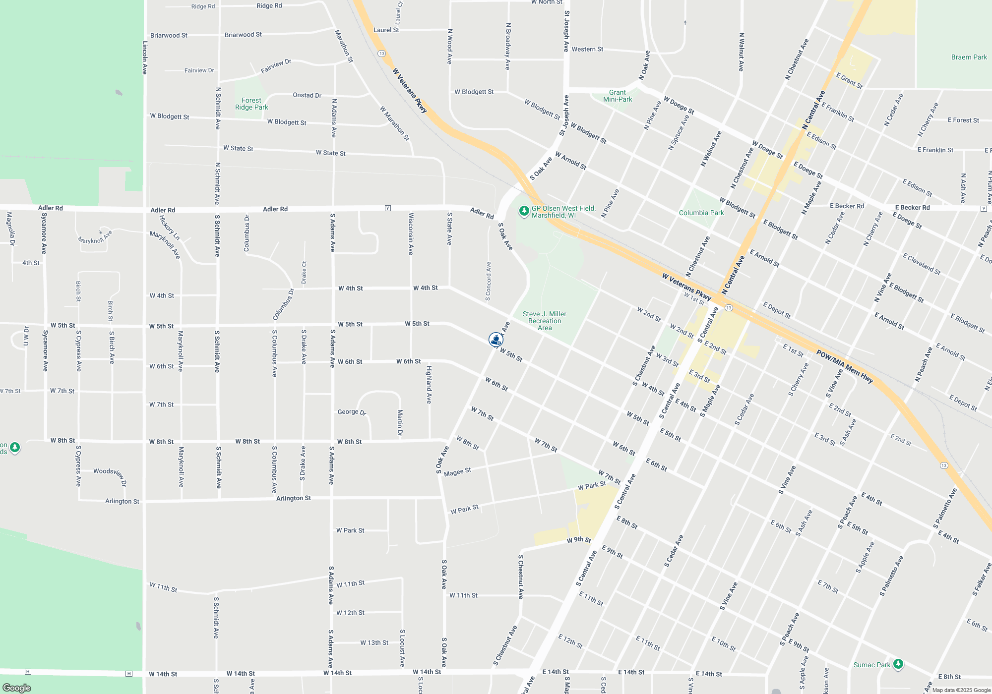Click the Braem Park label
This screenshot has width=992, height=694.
tap(969, 57)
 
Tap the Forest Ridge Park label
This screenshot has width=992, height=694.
tap(251, 104)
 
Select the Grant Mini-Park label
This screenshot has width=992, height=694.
tap(617, 96)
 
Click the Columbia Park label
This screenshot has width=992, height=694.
tap(701, 213)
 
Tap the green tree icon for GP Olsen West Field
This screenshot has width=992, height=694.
tap(524, 211)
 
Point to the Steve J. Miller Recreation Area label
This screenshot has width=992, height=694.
tap(544, 321)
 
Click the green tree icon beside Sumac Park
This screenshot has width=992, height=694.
tap(898, 664)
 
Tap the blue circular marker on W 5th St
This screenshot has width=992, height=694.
tap(496, 340)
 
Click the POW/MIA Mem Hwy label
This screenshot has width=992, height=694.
tap(844, 366)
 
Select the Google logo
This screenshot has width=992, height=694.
tap(17, 688)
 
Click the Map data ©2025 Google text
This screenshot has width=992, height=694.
tap(961, 690)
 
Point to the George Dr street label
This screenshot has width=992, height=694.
tap(352, 412)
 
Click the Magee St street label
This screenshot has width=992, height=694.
tap(457, 472)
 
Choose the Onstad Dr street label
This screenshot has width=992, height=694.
tap(307, 95)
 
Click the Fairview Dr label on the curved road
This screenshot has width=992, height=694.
tap(276, 66)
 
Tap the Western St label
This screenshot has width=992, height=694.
tap(587, 49)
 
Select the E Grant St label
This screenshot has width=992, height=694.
tap(849, 80)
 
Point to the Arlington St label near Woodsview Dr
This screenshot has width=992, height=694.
tap(122, 501)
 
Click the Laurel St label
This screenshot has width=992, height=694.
tap(386, 30)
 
